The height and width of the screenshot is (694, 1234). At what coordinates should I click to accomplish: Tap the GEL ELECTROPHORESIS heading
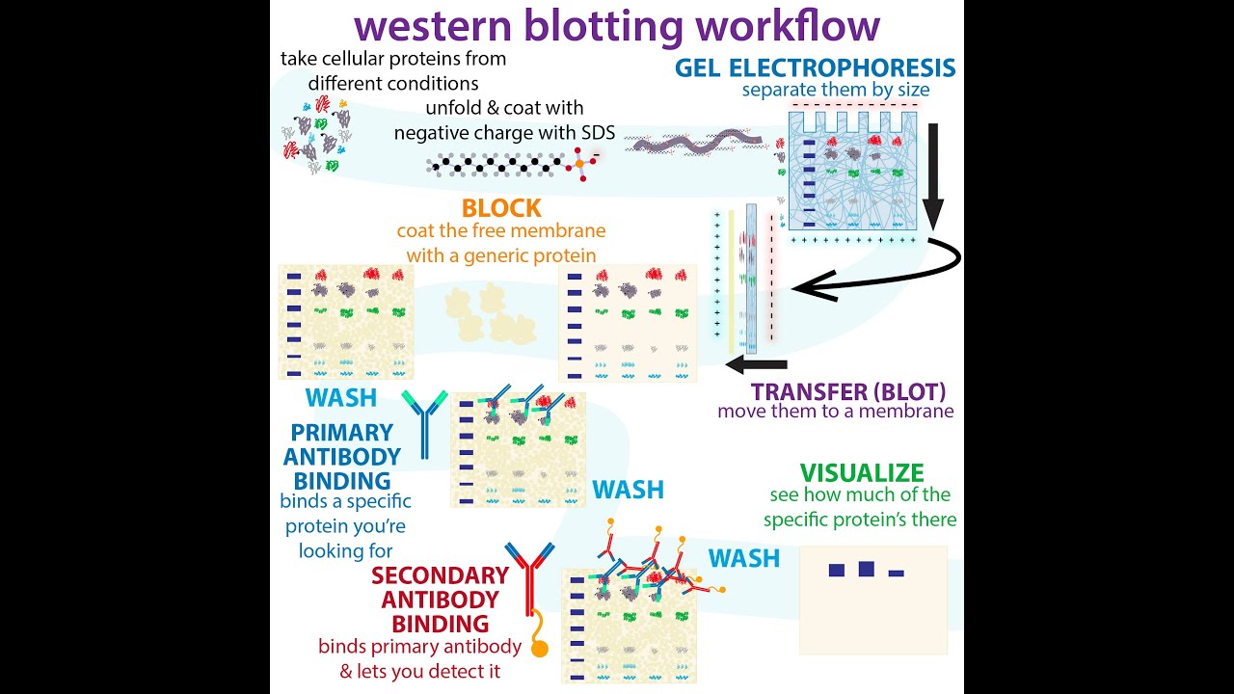tap(815, 68)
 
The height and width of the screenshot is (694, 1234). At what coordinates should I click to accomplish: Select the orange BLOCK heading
tap(501, 208)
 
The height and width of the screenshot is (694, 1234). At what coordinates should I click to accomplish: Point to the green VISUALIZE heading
tap(862, 473)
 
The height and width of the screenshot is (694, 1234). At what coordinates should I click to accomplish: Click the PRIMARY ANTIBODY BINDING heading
tap(342, 457)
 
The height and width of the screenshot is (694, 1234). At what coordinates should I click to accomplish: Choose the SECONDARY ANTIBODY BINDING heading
tap(441, 600)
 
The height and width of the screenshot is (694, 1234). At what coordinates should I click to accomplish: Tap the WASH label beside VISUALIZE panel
tap(743, 558)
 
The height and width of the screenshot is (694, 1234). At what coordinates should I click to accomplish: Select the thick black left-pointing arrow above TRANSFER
tap(756, 364)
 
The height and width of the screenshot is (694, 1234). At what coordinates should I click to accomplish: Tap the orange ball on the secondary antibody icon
tap(539, 649)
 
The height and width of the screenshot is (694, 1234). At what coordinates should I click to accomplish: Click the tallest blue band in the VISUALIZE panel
tap(866, 569)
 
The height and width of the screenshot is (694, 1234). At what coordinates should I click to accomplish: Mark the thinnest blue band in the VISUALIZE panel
tap(896, 574)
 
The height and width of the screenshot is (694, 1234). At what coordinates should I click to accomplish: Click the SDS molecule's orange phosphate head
tap(582, 165)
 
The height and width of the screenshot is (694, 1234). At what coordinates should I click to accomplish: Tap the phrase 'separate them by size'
tap(835, 91)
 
